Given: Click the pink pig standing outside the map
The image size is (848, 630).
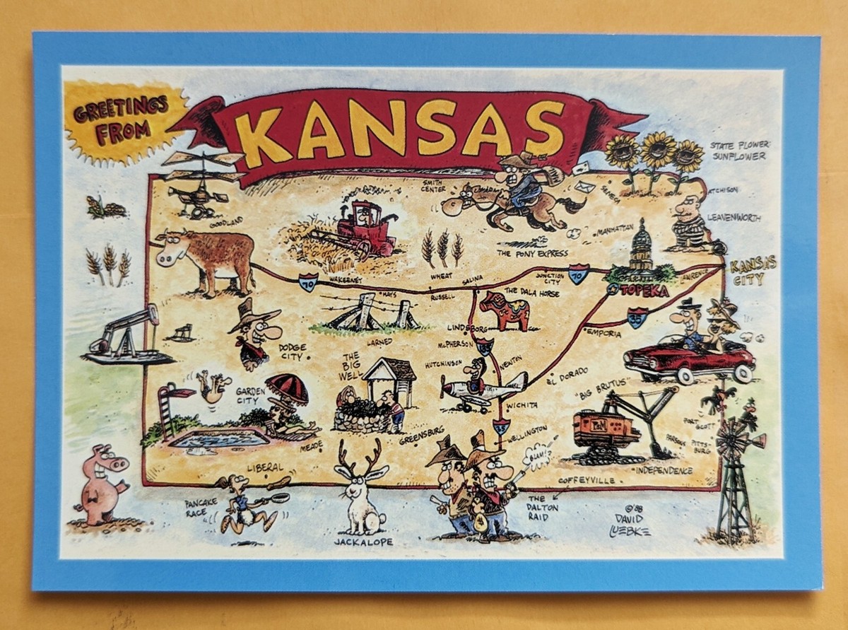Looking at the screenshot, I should pyautogui.click(x=100, y=485).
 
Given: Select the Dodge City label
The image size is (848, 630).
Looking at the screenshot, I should pyautogui.click(x=292, y=352).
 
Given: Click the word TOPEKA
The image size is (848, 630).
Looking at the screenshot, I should pyautogui.click(x=643, y=291).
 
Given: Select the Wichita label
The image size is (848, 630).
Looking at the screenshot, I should pyautogui.click(x=522, y=406).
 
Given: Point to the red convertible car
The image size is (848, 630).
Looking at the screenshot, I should pyautogui.click(x=688, y=358).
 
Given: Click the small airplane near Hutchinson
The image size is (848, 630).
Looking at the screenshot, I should pyautogui.click(x=481, y=386).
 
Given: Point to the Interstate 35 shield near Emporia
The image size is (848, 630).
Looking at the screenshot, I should pyautogui.click(x=637, y=317).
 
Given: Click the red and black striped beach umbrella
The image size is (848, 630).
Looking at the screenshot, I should pyautogui.click(x=287, y=388).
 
